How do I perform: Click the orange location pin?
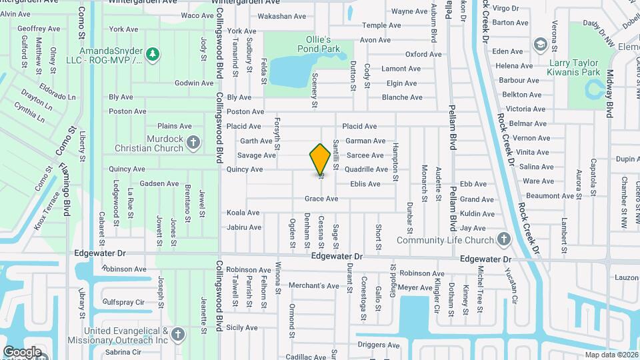320,159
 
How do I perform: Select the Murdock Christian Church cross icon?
193,142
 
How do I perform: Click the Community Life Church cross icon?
503,239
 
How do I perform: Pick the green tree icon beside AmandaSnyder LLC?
153,53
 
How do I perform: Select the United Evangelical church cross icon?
177,333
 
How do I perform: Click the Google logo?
21,351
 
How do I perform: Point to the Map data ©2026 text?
611,355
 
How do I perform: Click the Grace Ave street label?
321,199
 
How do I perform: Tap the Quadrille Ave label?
367,169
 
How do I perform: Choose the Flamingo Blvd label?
67,191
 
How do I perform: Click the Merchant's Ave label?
313,285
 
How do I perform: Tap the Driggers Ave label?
378,345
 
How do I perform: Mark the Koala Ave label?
243,213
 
